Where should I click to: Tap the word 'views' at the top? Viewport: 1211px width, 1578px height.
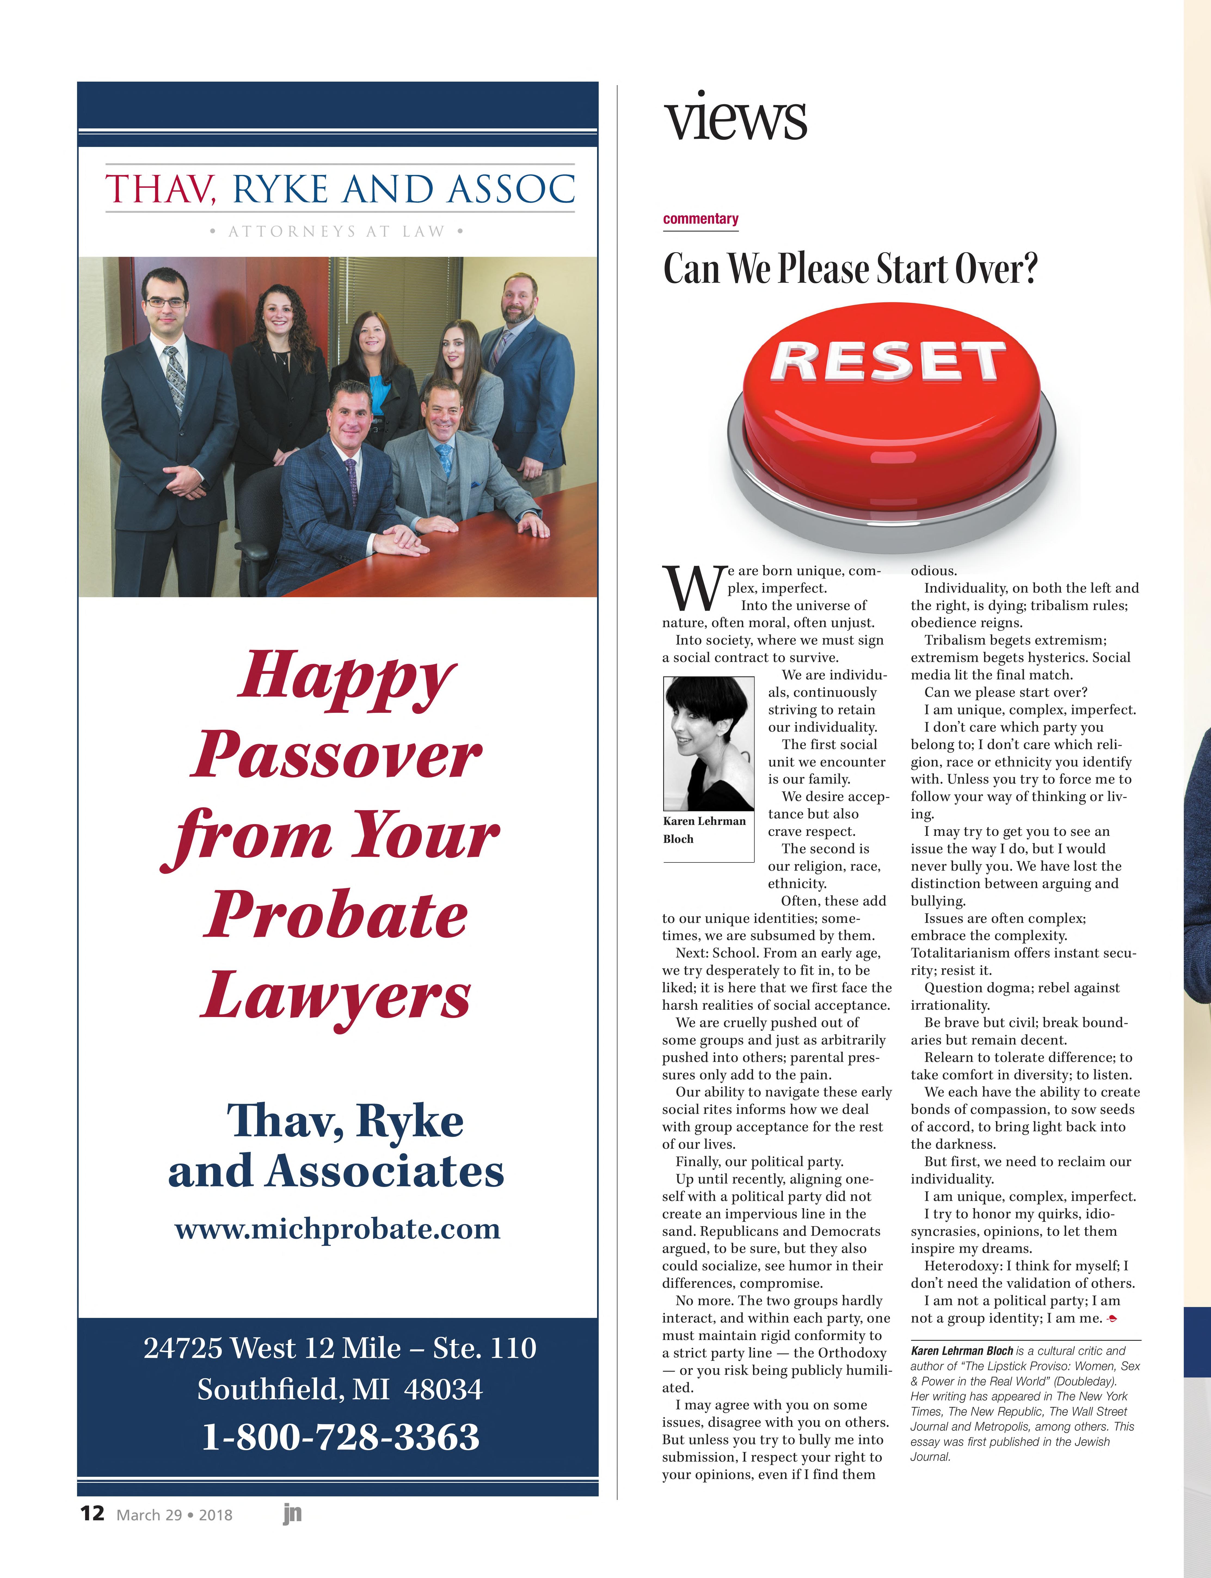[x=735, y=118]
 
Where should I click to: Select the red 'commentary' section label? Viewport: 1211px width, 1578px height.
[x=701, y=219]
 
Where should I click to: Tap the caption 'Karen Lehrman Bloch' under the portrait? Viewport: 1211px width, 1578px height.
[x=704, y=829]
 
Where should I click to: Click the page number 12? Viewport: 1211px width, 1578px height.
[x=92, y=1512]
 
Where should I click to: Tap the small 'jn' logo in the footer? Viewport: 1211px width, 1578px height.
[x=292, y=1513]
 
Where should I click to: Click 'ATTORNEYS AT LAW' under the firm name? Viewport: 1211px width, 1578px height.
[x=336, y=231]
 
